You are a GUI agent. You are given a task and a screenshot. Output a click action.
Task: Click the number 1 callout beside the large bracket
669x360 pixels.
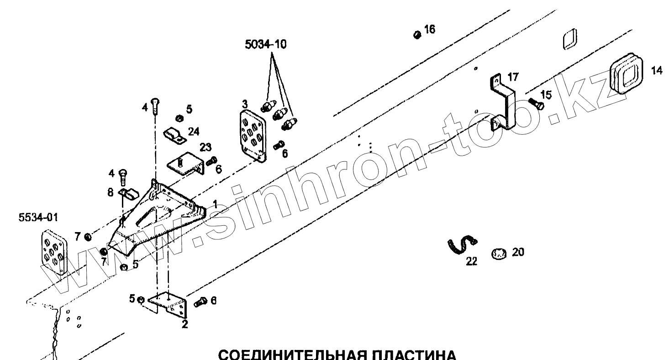pyautogui.click(x=215, y=202)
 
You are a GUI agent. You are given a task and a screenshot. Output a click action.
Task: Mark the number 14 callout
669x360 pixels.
pyautogui.click(x=656, y=71)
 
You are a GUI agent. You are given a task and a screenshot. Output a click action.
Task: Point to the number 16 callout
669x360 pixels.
pyautogui.click(x=430, y=29)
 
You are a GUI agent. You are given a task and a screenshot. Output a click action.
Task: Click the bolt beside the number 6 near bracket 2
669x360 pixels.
pyautogui.click(x=200, y=302)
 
